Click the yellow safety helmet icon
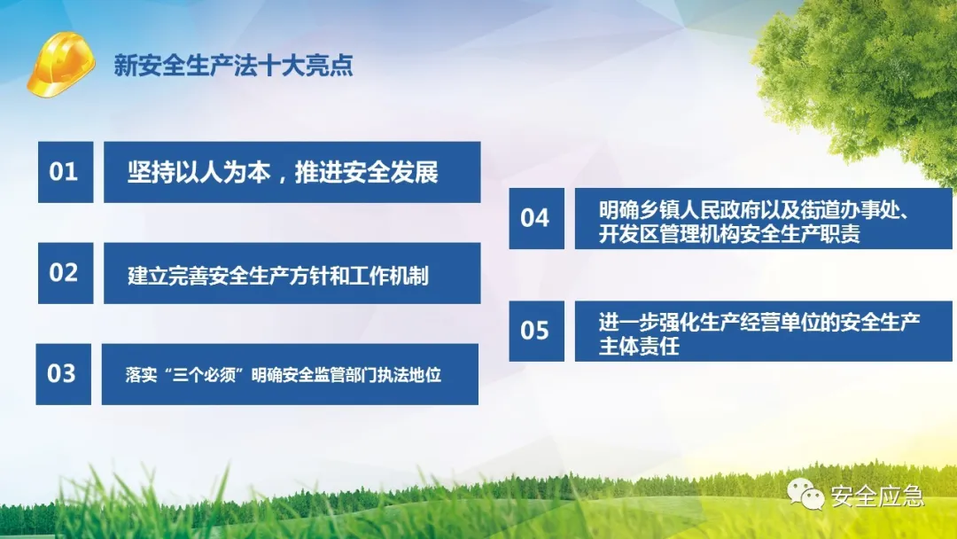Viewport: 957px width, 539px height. point(61,65)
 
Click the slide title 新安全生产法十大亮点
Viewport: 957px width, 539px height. point(233,66)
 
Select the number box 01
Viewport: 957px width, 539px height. point(66,172)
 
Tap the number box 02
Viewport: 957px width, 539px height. point(66,273)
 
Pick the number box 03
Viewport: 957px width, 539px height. point(64,374)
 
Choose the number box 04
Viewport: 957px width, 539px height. point(536,218)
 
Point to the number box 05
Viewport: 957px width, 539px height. point(536,331)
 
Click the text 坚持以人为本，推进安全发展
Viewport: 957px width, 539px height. point(283,172)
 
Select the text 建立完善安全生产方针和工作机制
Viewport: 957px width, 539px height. point(277,276)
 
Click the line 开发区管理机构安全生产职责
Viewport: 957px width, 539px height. point(729,234)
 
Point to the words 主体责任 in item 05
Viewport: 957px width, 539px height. point(639,346)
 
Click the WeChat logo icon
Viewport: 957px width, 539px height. point(805,493)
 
